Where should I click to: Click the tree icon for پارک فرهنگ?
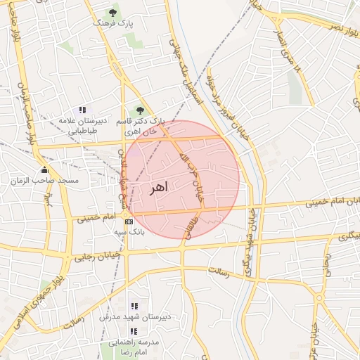112,12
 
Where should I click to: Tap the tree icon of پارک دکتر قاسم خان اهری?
139,110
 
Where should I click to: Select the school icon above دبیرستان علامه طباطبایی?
83,110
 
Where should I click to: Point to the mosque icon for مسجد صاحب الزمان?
46,169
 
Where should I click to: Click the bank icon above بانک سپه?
127,221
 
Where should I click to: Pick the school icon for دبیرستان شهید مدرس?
134,307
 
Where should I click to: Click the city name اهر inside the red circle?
160,188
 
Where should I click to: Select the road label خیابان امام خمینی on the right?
325,203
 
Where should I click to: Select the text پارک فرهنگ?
112,23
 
